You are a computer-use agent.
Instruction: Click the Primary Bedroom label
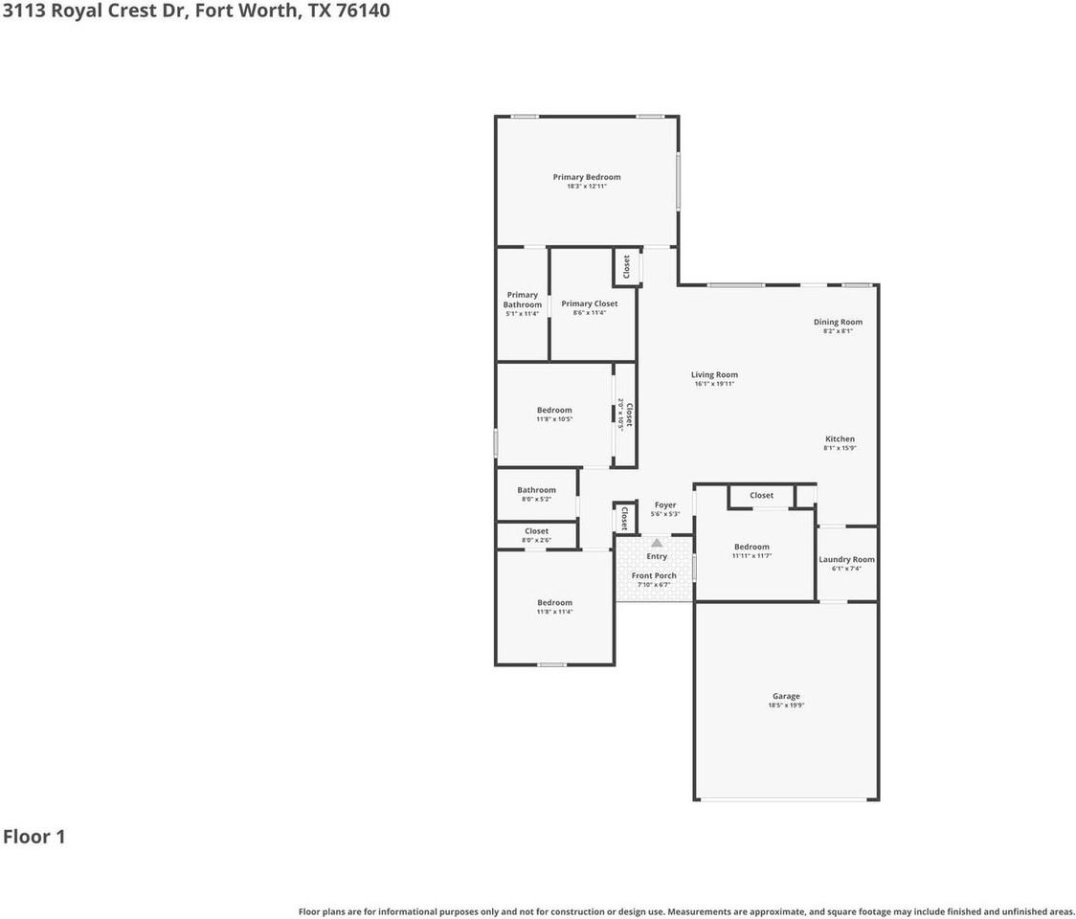click(586, 177)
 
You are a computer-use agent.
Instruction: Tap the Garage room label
click(786, 696)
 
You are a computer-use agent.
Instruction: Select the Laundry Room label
click(846, 559)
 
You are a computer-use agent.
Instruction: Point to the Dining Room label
click(838, 323)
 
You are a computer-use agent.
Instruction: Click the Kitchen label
click(840, 439)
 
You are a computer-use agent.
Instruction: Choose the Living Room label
click(714, 375)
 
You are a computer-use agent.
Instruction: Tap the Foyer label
click(664, 505)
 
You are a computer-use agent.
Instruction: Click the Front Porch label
click(654, 575)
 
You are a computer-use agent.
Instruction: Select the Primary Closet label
click(589, 303)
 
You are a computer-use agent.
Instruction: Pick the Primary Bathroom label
click(523, 300)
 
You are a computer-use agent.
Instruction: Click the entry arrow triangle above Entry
click(657, 543)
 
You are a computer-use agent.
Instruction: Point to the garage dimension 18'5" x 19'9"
click(786, 706)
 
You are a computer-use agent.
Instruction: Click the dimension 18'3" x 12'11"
click(586, 187)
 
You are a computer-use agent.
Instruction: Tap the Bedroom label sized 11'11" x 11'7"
click(751, 547)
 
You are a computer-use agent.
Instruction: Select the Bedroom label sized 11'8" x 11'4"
click(554, 603)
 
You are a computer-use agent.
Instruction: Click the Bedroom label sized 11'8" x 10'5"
click(554, 410)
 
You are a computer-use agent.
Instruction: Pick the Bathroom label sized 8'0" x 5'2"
click(536, 490)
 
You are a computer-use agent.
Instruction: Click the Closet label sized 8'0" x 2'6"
click(536, 531)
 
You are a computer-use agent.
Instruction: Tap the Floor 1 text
click(34, 837)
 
